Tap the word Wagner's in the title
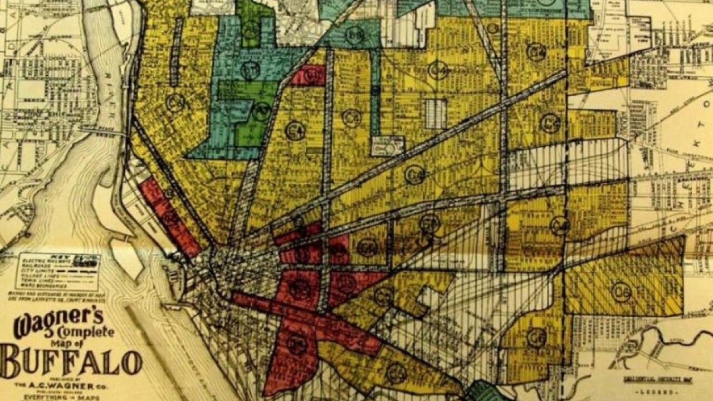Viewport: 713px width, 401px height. [58, 322]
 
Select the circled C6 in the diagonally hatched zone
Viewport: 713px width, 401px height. [621, 291]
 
